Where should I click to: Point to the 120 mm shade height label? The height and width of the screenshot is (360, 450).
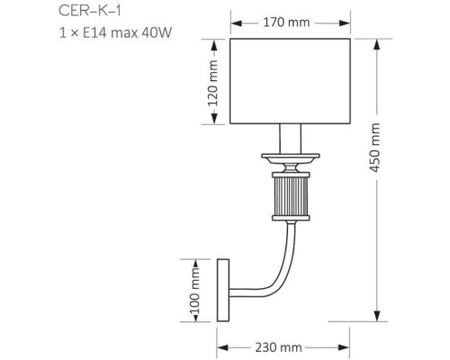click(x=213, y=83)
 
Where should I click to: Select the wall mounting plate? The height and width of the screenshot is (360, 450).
click(x=223, y=289)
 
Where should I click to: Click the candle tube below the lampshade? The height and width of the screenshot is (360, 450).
click(x=290, y=139)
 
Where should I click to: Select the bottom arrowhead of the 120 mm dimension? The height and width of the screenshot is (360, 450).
click(x=213, y=122)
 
